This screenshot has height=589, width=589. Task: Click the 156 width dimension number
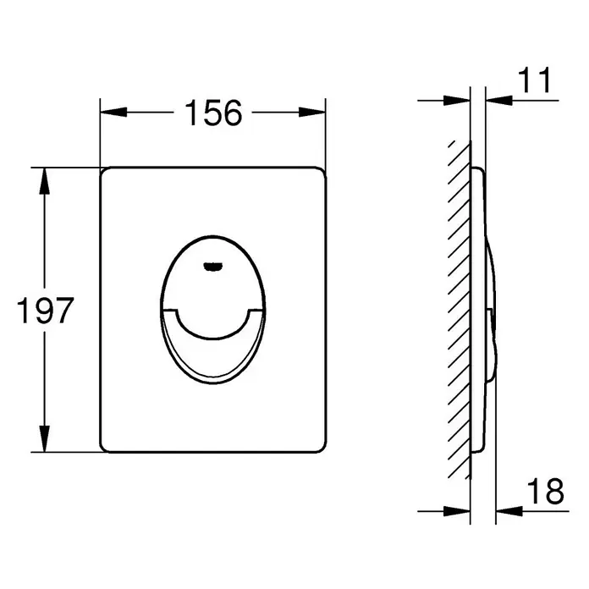(213, 113)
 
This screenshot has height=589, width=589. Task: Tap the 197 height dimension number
(45, 311)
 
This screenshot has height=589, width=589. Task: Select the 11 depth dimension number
(534, 80)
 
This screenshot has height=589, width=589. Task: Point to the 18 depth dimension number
(546, 492)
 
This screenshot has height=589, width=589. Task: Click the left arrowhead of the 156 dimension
(113, 112)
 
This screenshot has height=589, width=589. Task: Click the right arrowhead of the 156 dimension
(312, 112)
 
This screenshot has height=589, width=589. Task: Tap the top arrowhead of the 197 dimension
(45, 181)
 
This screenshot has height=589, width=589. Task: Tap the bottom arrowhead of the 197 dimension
(45, 438)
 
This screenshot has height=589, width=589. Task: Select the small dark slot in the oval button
(213, 267)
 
